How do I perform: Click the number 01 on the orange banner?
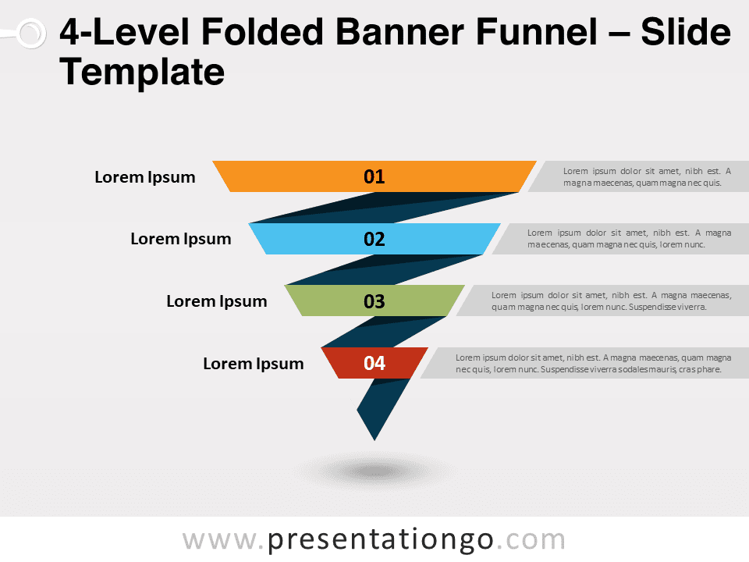pyautogui.click(x=374, y=177)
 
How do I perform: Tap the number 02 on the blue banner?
pyautogui.click(x=374, y=239)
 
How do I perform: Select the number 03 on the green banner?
pyautogui.click(x=374, y=301)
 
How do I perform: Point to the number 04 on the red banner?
pyautogui.click(x=374, y=363)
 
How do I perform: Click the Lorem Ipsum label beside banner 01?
pyautogui.click(x=145, y=177)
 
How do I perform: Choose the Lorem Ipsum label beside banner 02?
pyautogui.click(x=180, y=239)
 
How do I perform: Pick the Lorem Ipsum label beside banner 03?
pyautogui.click(x=216, y=301)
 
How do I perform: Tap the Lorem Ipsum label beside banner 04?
pyautogui.click(x=253, y=364)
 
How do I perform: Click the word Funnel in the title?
pyautogui.click(x=537, y=32)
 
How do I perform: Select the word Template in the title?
pyautogui.click(x=142, y=72)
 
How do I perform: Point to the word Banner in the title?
pyautogui.click(x=399, y=32)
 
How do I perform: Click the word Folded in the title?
pyautogui.click(x=262, y=32)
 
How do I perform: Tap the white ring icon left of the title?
pyautogui.click(x=31, y=34)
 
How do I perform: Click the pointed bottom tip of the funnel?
pyautogui.click(x=374, y=440)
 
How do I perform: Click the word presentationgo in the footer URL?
pyautogui.click(x=380, y=540)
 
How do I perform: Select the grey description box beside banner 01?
pyautogui.click(x=638, y=177)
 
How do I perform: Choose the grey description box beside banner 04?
pyautogui.click(x=584, y=363)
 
